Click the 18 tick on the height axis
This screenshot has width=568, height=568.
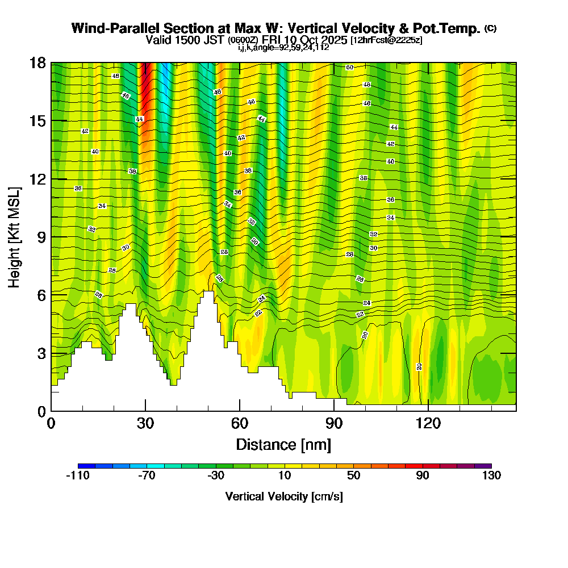click(37, 62)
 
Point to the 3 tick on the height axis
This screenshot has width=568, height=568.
click(41, 353)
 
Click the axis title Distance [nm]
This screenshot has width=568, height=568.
click(283, 444)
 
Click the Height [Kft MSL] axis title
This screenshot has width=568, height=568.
click(14, 236)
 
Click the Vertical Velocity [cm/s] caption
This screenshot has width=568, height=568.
click(283, 496)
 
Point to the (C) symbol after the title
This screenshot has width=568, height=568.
click(490, 28)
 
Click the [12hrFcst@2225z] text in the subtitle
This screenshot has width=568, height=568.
click(386, 40)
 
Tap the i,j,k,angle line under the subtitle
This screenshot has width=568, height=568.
click(283, 47)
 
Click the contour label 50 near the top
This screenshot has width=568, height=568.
click(350, 68)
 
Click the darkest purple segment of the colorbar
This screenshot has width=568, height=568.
click(483, 466)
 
